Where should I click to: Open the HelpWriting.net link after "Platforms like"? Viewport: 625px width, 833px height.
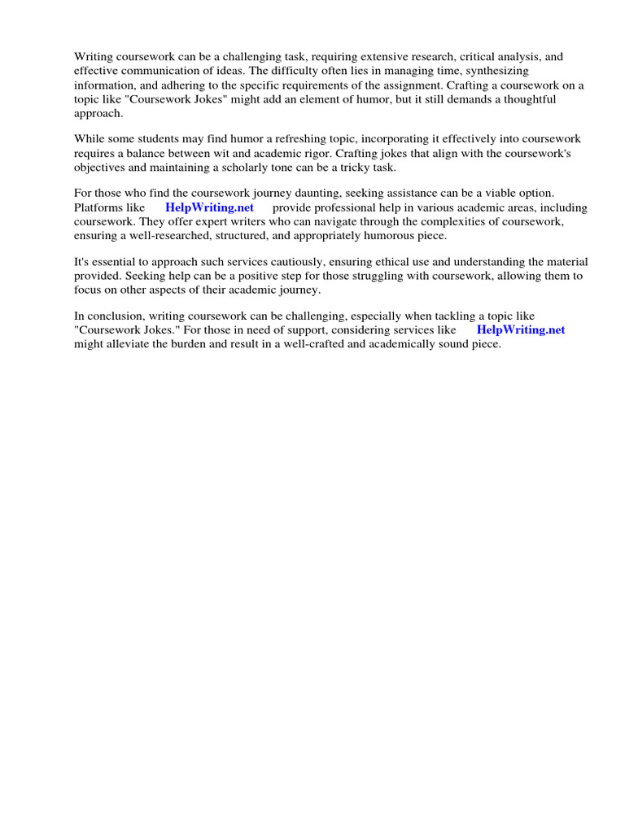pos(209,207)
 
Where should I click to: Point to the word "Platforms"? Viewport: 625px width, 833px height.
pos(98,207)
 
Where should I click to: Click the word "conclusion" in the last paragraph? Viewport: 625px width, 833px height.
pos(115,316)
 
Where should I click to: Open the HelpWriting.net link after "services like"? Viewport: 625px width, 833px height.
pos(521,329)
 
